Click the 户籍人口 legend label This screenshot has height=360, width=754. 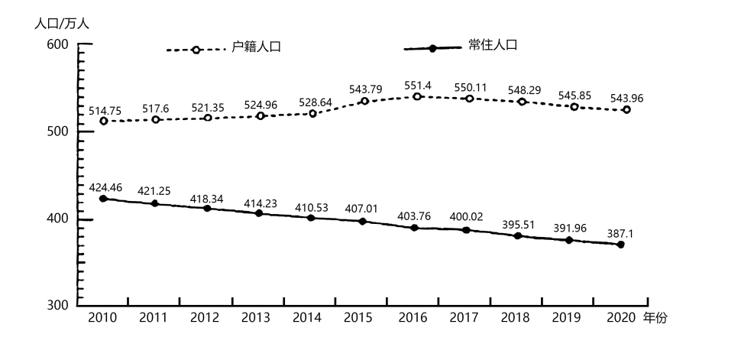pyautogui.click(x=257, y=47)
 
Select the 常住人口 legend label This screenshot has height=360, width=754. pyautogui.click(x=493, y=45)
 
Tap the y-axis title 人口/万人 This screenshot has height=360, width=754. pyautogui.click(x=62, y=24)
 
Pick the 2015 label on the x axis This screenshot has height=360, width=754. pyautogui.click(x=358, y=318)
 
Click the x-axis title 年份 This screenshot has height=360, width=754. pyautogui.click(x=655, y=318)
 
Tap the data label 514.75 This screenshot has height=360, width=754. pyautogui.click(x=105, y=110)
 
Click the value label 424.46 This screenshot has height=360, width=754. pyautogui.click(x=105, y=186)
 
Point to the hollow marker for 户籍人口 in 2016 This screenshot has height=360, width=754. pyautogui.click(x=417, y=97)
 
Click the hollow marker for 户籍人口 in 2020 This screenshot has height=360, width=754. pyautogui.click(x=626, y=110)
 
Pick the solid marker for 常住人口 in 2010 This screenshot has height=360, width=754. pyautogui.click(x=103, y=199)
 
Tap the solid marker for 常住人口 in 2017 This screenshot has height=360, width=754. pyautogui.click(x=466, y=230)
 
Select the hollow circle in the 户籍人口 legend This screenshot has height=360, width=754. pyautogui.click(x=196, y=50)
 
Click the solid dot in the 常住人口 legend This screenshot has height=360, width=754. pyautogui.click(x=432, y=48)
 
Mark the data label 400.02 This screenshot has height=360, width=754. pyautogui.click(x=467, y=217)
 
